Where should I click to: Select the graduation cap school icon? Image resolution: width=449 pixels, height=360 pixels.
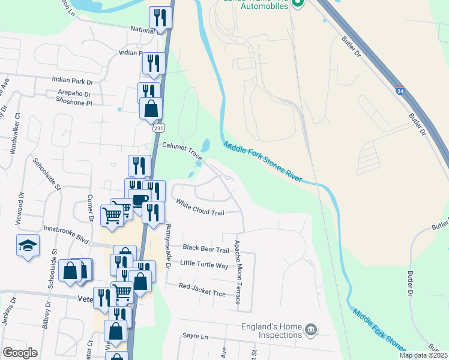(28, 246)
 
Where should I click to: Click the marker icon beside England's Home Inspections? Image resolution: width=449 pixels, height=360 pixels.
(311, 329)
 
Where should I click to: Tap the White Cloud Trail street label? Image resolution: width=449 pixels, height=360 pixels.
(200, 207)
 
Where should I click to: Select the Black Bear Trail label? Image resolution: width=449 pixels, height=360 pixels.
(206, 249)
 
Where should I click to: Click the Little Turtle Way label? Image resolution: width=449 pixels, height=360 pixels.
(204, 264)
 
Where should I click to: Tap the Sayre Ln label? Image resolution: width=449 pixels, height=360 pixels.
(194, 338)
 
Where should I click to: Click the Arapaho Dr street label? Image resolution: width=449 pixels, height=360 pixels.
(74, 94)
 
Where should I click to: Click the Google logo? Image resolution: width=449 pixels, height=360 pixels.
(20, 353)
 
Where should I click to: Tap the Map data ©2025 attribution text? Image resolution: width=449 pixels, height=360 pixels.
(423, 355)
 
